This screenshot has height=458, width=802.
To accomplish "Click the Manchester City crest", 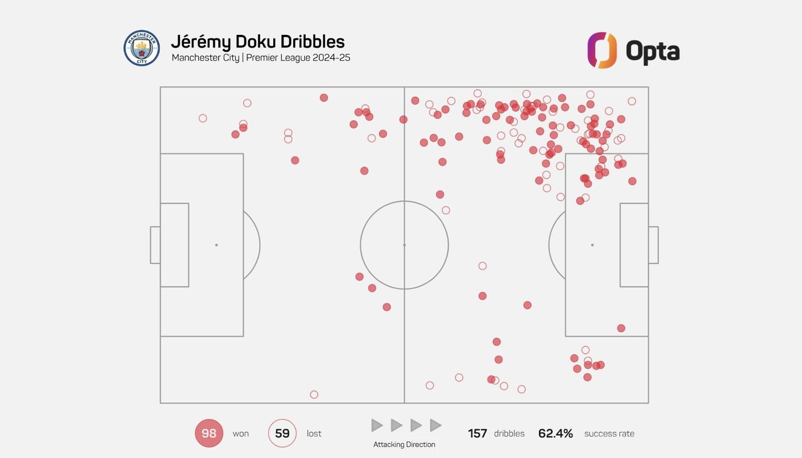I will (x=141, y=48).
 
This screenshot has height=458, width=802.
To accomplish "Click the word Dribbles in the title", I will (x=312, y=42).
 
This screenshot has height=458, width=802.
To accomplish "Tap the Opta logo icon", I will (x=602, y=50).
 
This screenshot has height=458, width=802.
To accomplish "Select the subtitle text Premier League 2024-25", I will (x=298, y=58).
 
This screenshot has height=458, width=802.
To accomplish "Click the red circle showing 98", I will (x=209, y=433).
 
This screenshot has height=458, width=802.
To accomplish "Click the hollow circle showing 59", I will (x=282, y=433).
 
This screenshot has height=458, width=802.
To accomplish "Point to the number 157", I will (x=477, y=433).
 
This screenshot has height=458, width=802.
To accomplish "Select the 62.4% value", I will (x=556, y=433).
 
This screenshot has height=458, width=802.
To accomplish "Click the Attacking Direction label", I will (x=404, y=444).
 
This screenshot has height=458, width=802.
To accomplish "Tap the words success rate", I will (x=609, y=433).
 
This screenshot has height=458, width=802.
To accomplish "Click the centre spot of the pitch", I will (x=404, y=245).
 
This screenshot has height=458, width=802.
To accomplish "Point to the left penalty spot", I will (x=217, y=245).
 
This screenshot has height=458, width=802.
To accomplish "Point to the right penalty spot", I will (x=592, y=245).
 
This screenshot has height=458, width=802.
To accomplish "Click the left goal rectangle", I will (x=155, y=245).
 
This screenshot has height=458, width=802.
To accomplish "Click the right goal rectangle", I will (x=654, y=245).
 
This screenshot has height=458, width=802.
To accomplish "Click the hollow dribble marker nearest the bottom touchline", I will (x=314, y=394).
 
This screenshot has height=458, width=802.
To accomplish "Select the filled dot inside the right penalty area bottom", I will (x=621, y=328).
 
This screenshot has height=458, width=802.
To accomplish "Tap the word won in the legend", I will (x=241, y=433).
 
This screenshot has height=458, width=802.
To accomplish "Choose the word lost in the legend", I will (x=314, y=433).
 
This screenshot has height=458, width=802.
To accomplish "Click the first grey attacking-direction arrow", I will (x=377, y=425).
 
